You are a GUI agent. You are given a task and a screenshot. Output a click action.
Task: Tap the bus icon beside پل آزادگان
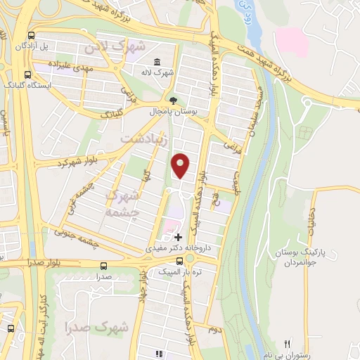(30, 35)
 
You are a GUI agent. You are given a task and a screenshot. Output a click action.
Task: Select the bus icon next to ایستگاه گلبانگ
(27, 74)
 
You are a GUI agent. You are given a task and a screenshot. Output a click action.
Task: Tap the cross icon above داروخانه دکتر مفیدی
(178, 238)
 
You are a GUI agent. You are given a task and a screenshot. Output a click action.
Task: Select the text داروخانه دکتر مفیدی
(176, 249)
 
